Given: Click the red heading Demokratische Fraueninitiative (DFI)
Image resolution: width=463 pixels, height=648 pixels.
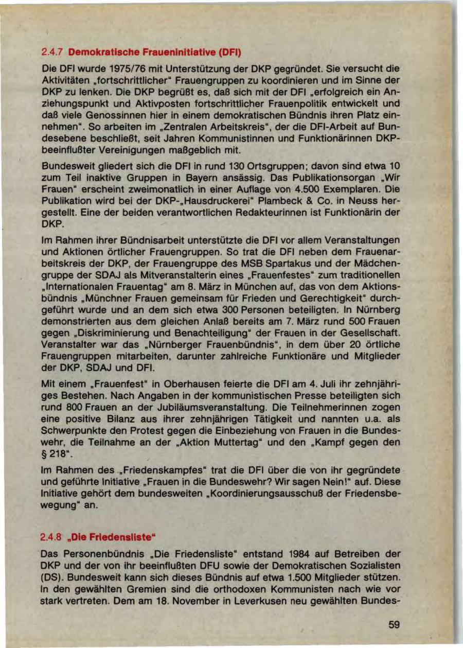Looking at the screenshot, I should coord(154,52).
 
